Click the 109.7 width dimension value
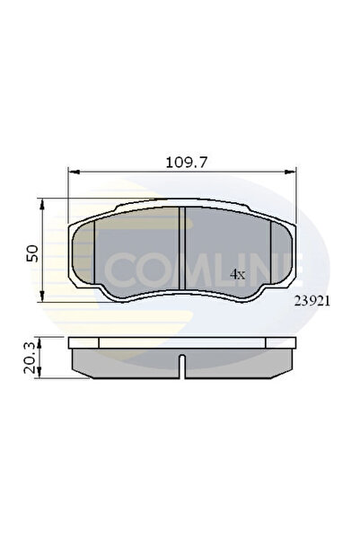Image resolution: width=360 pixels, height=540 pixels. click(181, 163)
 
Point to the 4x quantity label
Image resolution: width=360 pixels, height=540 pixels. click(237, 273)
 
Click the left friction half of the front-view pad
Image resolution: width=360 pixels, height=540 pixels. click(135, 256)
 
